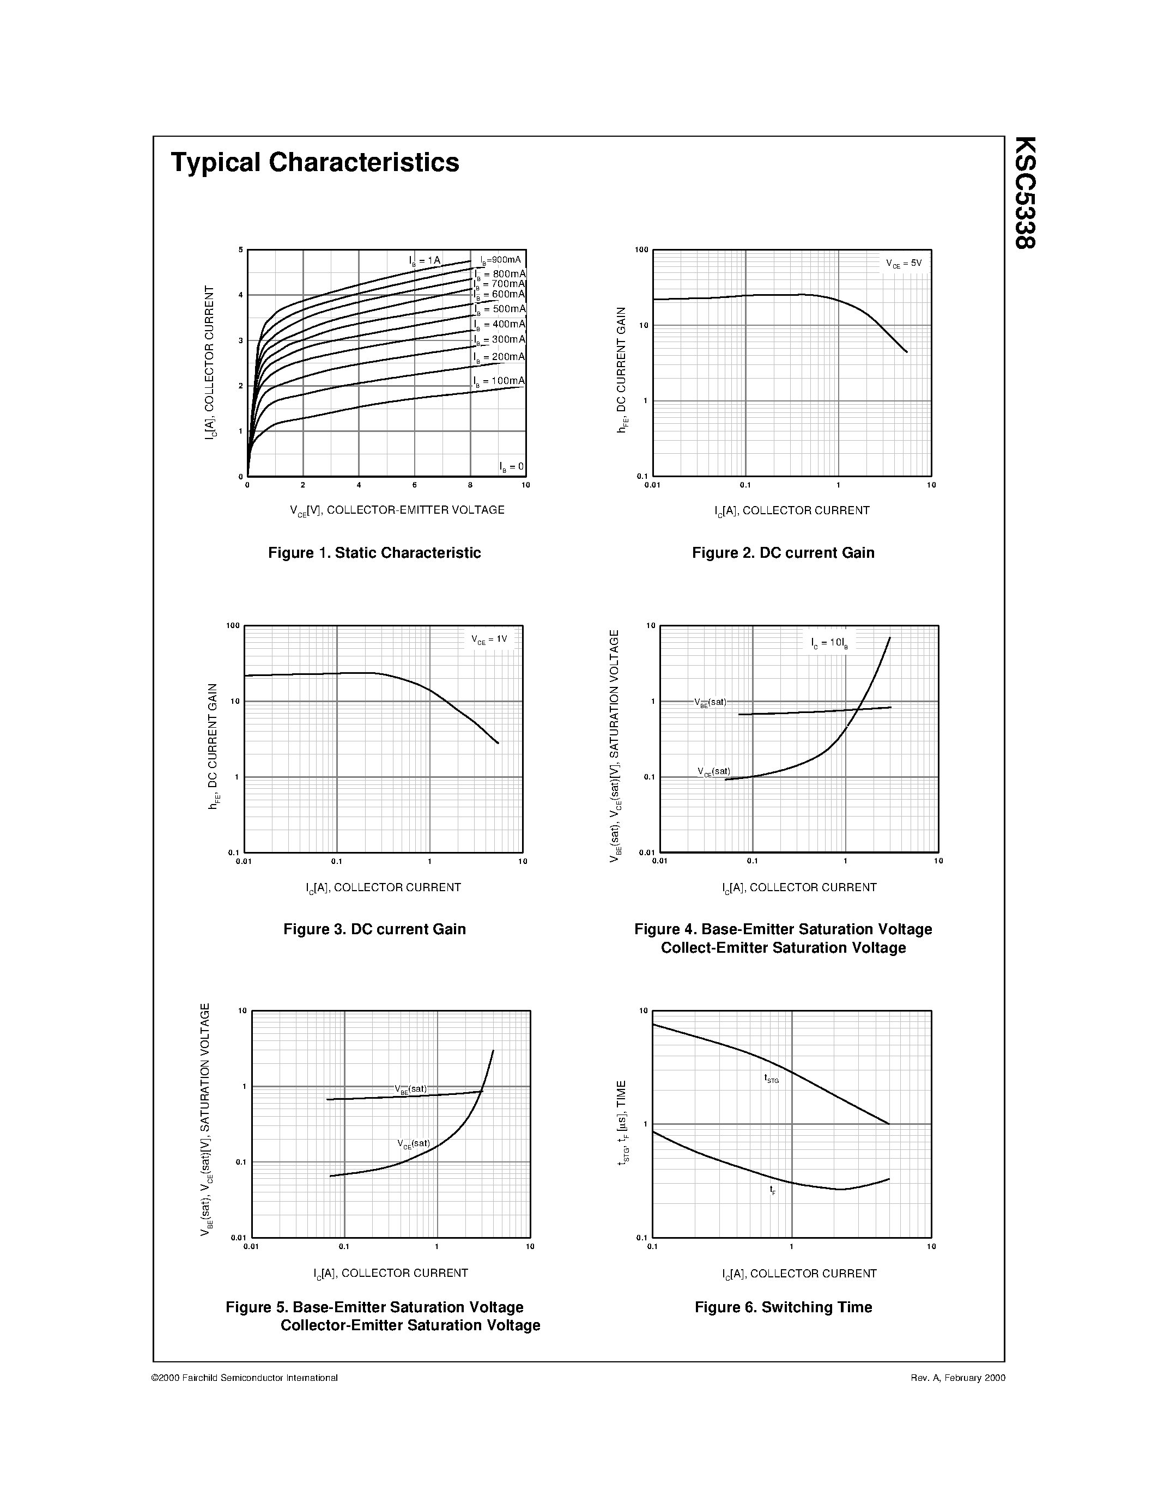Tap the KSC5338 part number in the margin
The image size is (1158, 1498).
pyautogui.click(x=1025, y=192)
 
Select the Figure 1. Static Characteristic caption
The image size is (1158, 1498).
pyautogui.click(x=374, y=553)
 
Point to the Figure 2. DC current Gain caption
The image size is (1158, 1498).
pyautogui.click(x=784, y=553)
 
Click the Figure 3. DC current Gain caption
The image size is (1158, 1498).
pyautogui.click(x=374, y=929)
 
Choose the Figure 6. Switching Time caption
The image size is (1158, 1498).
pyautogui.click(x=784, y=1307)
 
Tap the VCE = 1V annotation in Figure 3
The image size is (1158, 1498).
pyautogui.click(x=489, y=640)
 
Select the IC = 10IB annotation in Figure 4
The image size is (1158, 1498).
pyautogui.click(x=829, y=643)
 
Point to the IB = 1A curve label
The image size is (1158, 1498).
pyautogui.click(x=425, y=260)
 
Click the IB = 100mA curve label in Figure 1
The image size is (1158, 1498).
pyautogui.click(x=499, y=381)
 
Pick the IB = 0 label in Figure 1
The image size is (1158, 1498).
pyautogui.click(x=511, y=467)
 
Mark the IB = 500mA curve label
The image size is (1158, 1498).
pyautogui.click(x=499, y=309)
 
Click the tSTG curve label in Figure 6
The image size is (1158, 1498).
pyautogui.click(x=772, y=1079)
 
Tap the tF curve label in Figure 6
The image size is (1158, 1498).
pyautogui.click(x=773, y=1190)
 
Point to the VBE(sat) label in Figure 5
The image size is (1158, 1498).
pyautogui.click(x=410, y=1089)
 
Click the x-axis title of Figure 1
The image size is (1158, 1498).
pyautogui.click(x=397, y=510)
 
